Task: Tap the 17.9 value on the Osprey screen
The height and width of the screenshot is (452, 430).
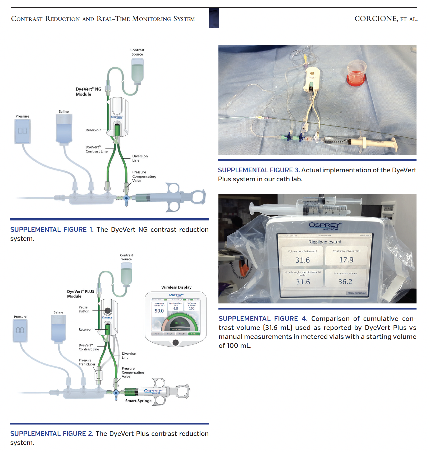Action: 346,260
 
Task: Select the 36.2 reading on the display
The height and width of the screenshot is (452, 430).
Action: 345,282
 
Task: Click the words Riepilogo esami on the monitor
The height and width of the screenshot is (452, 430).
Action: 324,242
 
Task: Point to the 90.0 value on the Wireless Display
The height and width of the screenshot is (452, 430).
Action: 159,311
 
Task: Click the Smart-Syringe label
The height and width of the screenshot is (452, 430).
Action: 138,401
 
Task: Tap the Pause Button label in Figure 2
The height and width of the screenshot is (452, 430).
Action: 84,309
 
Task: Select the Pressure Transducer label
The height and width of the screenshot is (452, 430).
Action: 87,362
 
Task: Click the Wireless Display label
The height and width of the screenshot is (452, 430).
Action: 176,287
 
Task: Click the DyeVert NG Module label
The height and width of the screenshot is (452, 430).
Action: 88,92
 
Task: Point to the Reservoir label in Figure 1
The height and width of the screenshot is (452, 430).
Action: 93,130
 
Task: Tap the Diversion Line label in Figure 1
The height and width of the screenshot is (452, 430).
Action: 140,158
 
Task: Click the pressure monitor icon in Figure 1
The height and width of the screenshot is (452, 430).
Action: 22,131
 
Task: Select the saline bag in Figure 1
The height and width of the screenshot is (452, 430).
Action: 64,130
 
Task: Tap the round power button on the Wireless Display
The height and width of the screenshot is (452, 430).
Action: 175,343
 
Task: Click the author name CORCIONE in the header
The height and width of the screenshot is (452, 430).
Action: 376,19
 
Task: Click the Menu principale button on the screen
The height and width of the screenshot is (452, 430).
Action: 356,293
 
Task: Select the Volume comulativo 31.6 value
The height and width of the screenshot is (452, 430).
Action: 303,260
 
